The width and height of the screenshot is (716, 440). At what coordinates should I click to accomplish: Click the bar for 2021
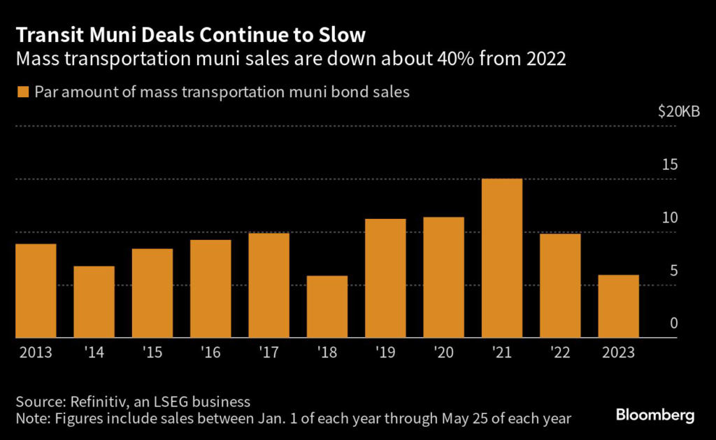tap(502, 258)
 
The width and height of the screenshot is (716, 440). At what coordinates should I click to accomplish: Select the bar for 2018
tap(327, 306)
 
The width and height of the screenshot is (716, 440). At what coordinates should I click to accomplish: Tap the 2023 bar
tap(618, 306)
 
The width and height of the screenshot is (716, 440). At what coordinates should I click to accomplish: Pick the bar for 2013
tap(36, 291)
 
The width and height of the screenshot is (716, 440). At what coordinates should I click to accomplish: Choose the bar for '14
tap(94, 302)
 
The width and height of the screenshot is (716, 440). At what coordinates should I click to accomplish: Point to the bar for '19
tap(385, 278)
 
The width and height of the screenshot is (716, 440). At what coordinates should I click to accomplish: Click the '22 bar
tap(560, 286)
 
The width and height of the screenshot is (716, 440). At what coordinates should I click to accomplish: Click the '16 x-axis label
tap(210, 353)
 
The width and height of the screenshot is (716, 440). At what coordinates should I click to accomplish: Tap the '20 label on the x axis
tap(443, 353)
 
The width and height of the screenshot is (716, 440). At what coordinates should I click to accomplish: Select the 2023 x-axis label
tap(618, 353)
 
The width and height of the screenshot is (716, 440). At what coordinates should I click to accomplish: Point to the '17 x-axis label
tap(268, 353)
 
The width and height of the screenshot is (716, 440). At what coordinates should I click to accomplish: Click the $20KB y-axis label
tap(678, 111)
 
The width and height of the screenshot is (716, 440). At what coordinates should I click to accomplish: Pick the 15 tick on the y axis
tap(670, 164)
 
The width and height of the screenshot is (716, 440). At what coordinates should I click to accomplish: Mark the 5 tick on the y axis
tap(674, 271)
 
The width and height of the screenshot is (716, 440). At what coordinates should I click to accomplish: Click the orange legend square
tap(23, 92)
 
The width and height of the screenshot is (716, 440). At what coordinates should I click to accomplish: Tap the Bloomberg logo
tap(655, 416)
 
